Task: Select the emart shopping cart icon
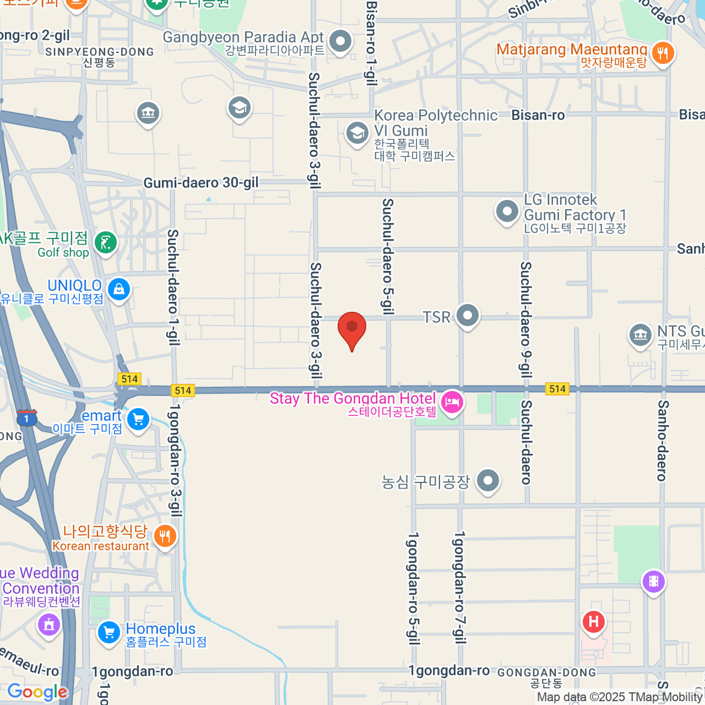click(139, 419)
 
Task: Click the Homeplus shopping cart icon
click(109, 633)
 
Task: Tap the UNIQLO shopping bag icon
click(119, 289)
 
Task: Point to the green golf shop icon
click(106, 242)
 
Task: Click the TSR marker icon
click(468, 315)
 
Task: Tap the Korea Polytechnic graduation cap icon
click(357, 133)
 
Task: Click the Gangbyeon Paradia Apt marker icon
click(340, 41)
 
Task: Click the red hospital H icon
click(593, 621)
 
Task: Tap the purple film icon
click(653, 582)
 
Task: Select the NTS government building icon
click(640, 335)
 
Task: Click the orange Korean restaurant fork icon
click(165, 536)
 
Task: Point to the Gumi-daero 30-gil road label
click(201, 183)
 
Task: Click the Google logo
click(38, 692)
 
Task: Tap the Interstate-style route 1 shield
click(26, 418)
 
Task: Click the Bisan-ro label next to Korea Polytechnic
click(538, 115)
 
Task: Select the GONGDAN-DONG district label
click(546, 673)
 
